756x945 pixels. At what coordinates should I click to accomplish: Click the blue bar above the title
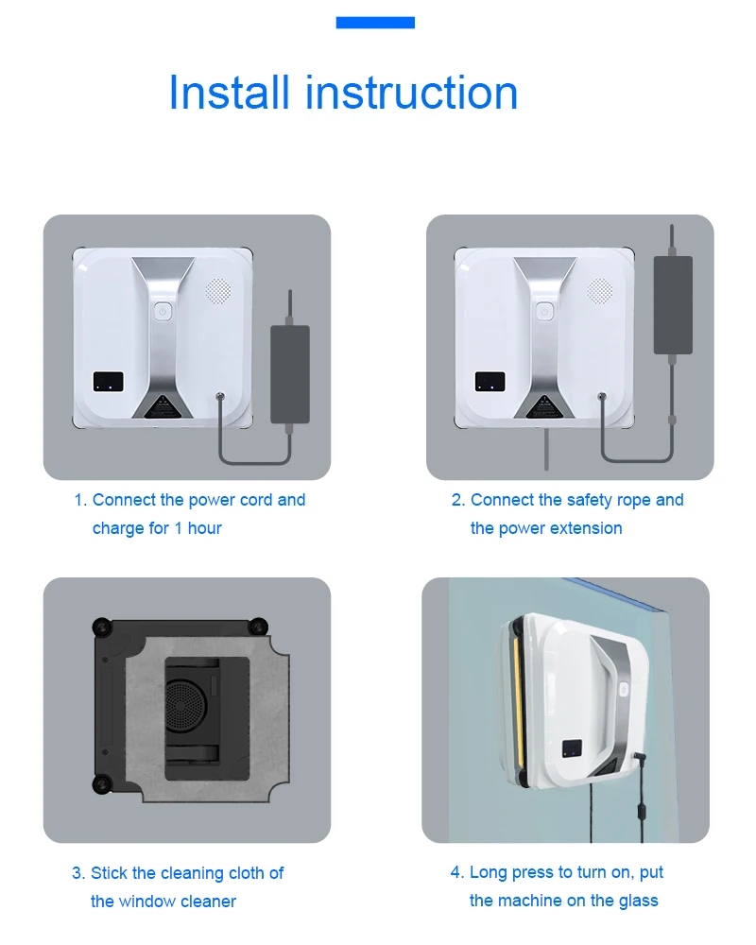(375, 23)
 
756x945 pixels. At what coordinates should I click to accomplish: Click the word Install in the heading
(229, 93)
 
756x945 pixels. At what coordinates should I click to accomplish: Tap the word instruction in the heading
(412, 93)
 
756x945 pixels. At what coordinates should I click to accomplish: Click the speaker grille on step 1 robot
(217, 290)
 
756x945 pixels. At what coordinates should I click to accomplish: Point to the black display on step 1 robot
(108, 382)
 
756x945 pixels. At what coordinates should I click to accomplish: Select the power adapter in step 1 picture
(290, 373)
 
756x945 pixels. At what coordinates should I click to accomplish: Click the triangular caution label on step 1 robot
(161, 406)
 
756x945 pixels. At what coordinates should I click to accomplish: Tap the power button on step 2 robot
(544, 312)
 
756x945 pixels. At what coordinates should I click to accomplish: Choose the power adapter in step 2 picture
(673, 304)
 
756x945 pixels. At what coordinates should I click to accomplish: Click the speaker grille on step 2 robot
(599, 290)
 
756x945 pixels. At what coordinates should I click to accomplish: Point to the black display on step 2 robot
(490, 382)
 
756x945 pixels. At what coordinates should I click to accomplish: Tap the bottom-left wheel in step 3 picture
(101, 784)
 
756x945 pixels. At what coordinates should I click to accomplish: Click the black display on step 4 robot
(572, 747)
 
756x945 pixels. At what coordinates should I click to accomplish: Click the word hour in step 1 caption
(204, 528)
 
